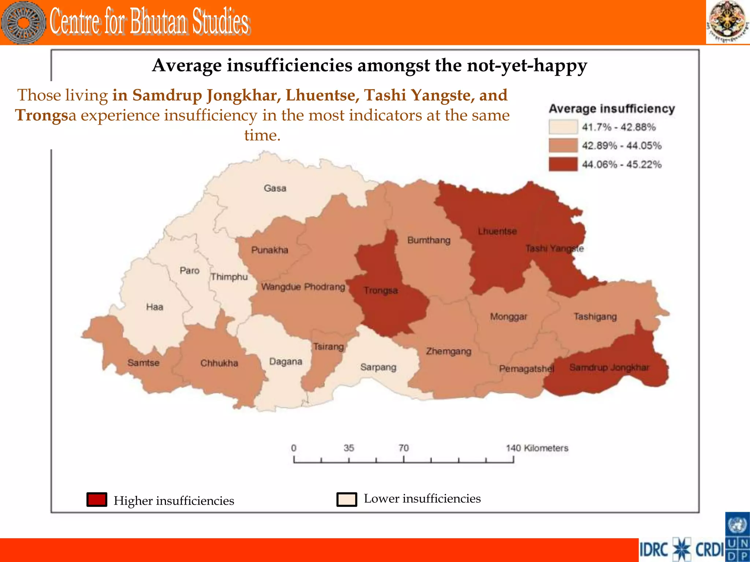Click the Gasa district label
275,188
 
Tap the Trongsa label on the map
380,291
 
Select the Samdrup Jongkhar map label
609,367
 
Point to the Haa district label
155,307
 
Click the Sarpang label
378,367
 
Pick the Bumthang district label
429,240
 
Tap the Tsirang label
328,346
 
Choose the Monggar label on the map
508,316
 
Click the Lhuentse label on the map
497,231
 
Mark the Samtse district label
143,363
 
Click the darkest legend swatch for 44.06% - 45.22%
563,164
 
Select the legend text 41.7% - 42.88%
619,127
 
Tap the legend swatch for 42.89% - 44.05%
563,146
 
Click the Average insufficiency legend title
612,109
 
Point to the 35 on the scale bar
349,448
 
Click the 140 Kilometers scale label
537,448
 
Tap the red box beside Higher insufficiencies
97,499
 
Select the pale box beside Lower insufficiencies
346,499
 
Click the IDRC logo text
654,550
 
